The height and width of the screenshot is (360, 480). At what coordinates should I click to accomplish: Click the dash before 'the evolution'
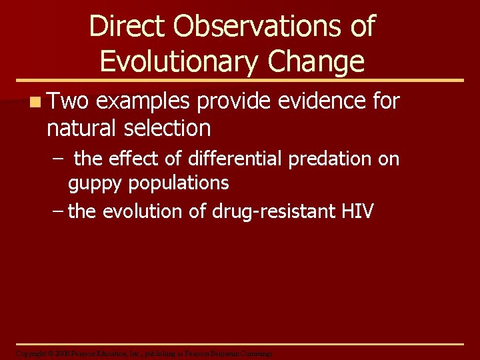58,212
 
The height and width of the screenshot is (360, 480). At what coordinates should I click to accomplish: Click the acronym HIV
357,211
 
